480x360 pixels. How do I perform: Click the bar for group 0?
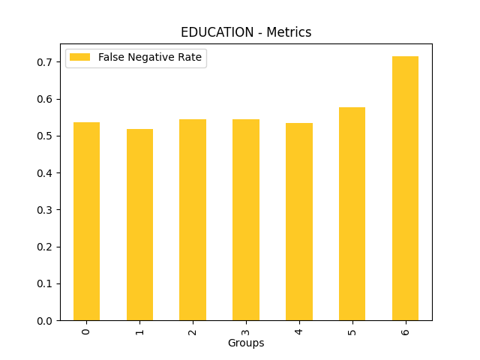(86, 221)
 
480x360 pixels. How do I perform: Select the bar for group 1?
(139, 225)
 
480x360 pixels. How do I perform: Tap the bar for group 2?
(193, 220)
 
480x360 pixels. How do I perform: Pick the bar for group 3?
(246, 220)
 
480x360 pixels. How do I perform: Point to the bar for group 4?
(299, 222)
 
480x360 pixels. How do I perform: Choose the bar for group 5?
(352, 214)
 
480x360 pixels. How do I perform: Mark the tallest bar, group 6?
(405, 188)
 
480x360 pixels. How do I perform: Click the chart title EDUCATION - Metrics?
(246, 32)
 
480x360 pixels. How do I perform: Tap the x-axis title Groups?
(246, 343)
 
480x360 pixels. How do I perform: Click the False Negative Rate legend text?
(150, 58)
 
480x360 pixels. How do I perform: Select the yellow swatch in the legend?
(80, 58)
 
